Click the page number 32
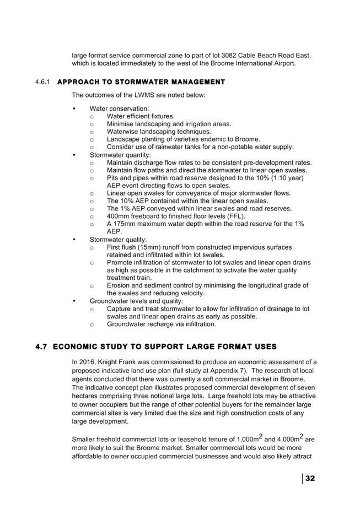click(x=310, y=478)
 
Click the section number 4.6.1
click(x=42, y=83)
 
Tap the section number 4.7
click(x=41, y=346)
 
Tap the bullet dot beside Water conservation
click(x=74, y=109)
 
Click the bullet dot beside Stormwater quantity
click(x=74, y=155)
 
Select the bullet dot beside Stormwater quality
click(x=74, y=240)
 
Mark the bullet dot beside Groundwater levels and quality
click(x=74, y=301)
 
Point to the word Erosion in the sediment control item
click(x=119, y=285)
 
